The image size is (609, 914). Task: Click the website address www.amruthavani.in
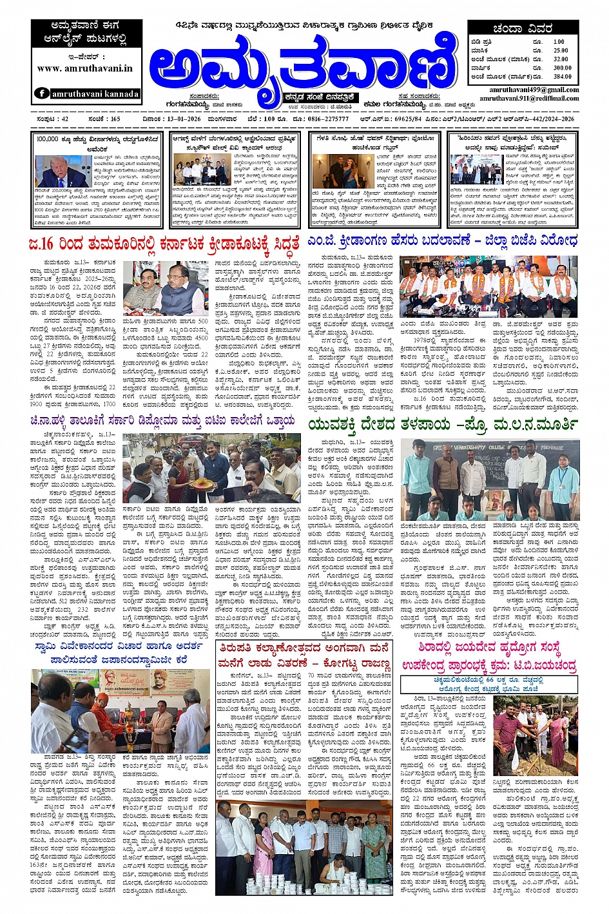85,68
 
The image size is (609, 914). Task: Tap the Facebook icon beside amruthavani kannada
42,93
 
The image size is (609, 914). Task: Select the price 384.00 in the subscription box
562,76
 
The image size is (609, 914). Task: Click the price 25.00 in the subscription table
561,50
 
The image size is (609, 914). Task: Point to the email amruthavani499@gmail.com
534,90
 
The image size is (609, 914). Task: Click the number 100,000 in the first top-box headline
48,139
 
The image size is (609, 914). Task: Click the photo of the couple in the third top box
334,171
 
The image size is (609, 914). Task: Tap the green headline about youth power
444,423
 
